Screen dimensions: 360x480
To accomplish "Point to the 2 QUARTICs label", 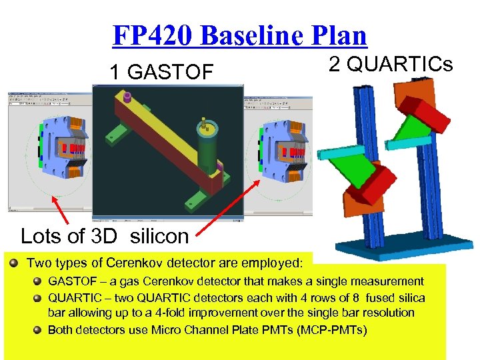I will tap(391, 64).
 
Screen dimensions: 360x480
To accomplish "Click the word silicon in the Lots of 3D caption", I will tap(159, 236).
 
